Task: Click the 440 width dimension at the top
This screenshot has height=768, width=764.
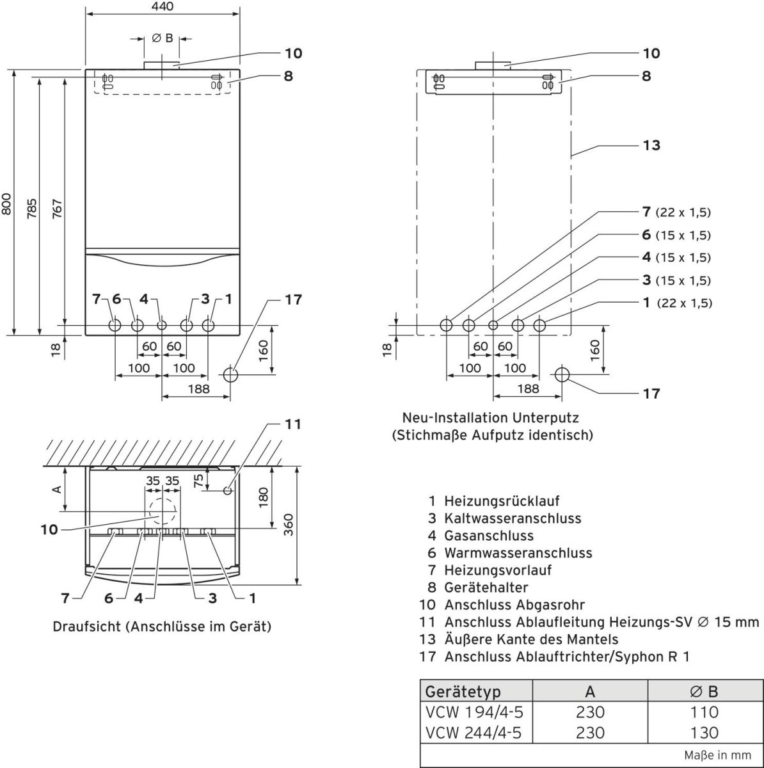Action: tap(162, 6)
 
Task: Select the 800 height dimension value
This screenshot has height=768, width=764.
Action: tap(6, 203)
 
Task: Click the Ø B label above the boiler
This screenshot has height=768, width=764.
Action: tap(162, 38)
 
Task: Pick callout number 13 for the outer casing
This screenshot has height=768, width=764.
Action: tap(651, 145)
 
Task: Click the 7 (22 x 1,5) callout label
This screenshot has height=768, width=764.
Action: tap(676, 212)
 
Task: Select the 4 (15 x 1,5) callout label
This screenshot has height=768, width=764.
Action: tap(676, 257)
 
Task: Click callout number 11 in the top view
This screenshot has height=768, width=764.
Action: tap(292, 424)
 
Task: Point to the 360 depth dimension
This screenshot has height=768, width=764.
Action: tap(288, 525)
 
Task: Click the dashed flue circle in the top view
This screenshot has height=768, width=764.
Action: tap(162, 512)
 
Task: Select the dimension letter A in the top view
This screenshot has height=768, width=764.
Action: tap(56, 488)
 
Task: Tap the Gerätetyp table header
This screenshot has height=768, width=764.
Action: tap(463, 691)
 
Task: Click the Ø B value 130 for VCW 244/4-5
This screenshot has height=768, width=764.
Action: tap(704, 732)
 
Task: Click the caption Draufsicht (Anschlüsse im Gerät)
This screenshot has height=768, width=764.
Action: tap(162, 627)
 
